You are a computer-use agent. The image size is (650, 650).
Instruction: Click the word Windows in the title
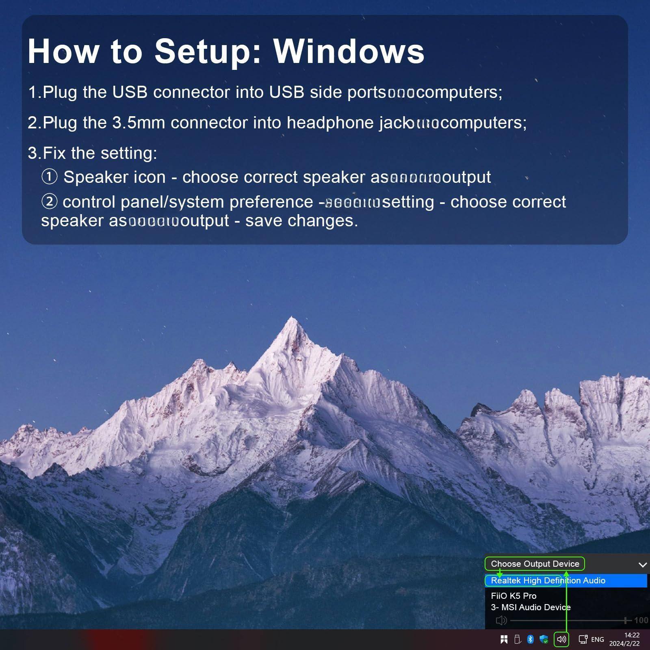pos(349,51)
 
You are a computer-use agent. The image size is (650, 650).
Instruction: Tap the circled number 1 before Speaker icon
pos(50,177)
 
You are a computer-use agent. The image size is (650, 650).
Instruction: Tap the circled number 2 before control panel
pos(50,201)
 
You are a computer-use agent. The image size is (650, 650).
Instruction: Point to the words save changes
pos(301,221)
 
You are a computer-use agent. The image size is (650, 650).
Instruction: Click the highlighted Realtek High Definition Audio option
pos(548,581)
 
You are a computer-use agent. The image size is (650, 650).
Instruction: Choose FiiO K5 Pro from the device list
pos(513,596)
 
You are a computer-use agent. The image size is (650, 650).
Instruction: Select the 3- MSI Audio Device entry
pos(531,607)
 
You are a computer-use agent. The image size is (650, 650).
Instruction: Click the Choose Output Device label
pos(535,563)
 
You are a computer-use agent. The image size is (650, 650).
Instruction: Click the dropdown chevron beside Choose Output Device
pos(642,564)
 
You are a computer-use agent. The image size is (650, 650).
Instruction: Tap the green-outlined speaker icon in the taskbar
pos(561,639)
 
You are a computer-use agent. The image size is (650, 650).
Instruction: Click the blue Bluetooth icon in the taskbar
pos(530,639)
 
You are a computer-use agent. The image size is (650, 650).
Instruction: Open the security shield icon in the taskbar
pos(544,639)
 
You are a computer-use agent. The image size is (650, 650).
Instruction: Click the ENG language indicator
pos(597,639)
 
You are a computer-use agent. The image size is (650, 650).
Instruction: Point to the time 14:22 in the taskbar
pos(632,635)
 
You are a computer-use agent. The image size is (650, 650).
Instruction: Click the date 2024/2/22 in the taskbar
pos(624,643)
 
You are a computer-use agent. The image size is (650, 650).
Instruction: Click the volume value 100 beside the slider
pos(641,620)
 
